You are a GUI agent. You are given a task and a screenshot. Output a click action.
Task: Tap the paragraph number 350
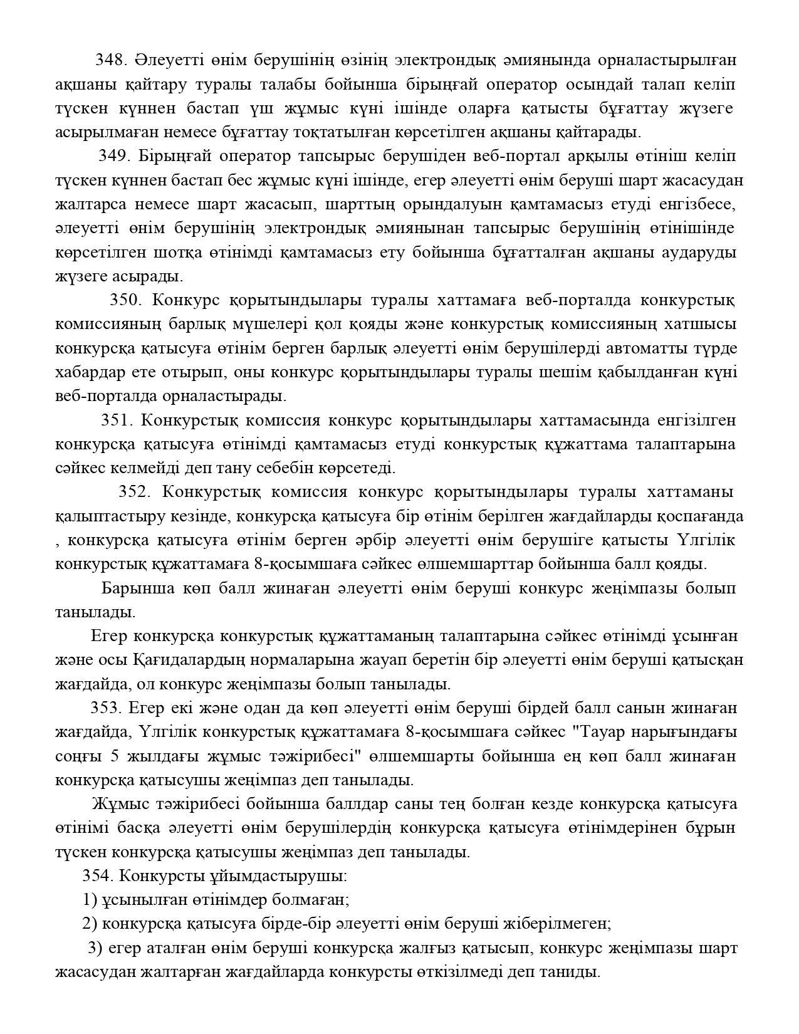point(126,300)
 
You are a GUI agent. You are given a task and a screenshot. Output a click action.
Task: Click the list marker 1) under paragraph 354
point(90,900)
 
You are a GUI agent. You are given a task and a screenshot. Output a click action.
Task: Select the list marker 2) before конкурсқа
point(90,924)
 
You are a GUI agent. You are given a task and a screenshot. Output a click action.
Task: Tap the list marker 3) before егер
point(95,948)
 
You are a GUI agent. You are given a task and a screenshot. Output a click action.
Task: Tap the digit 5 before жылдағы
point(115,756)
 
